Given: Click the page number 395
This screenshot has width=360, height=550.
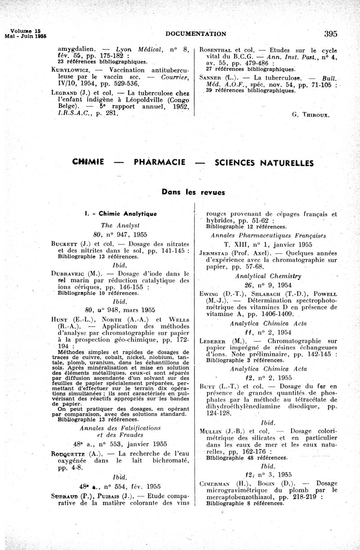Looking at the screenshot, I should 330,33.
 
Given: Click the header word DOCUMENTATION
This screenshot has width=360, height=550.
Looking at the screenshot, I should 196,34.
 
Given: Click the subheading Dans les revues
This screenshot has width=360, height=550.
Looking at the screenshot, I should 193,192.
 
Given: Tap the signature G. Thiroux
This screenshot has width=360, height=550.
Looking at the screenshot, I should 310,115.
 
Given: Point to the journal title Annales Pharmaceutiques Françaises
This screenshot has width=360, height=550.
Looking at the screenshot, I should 268,236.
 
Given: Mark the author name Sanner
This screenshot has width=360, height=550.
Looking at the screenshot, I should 212,77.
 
